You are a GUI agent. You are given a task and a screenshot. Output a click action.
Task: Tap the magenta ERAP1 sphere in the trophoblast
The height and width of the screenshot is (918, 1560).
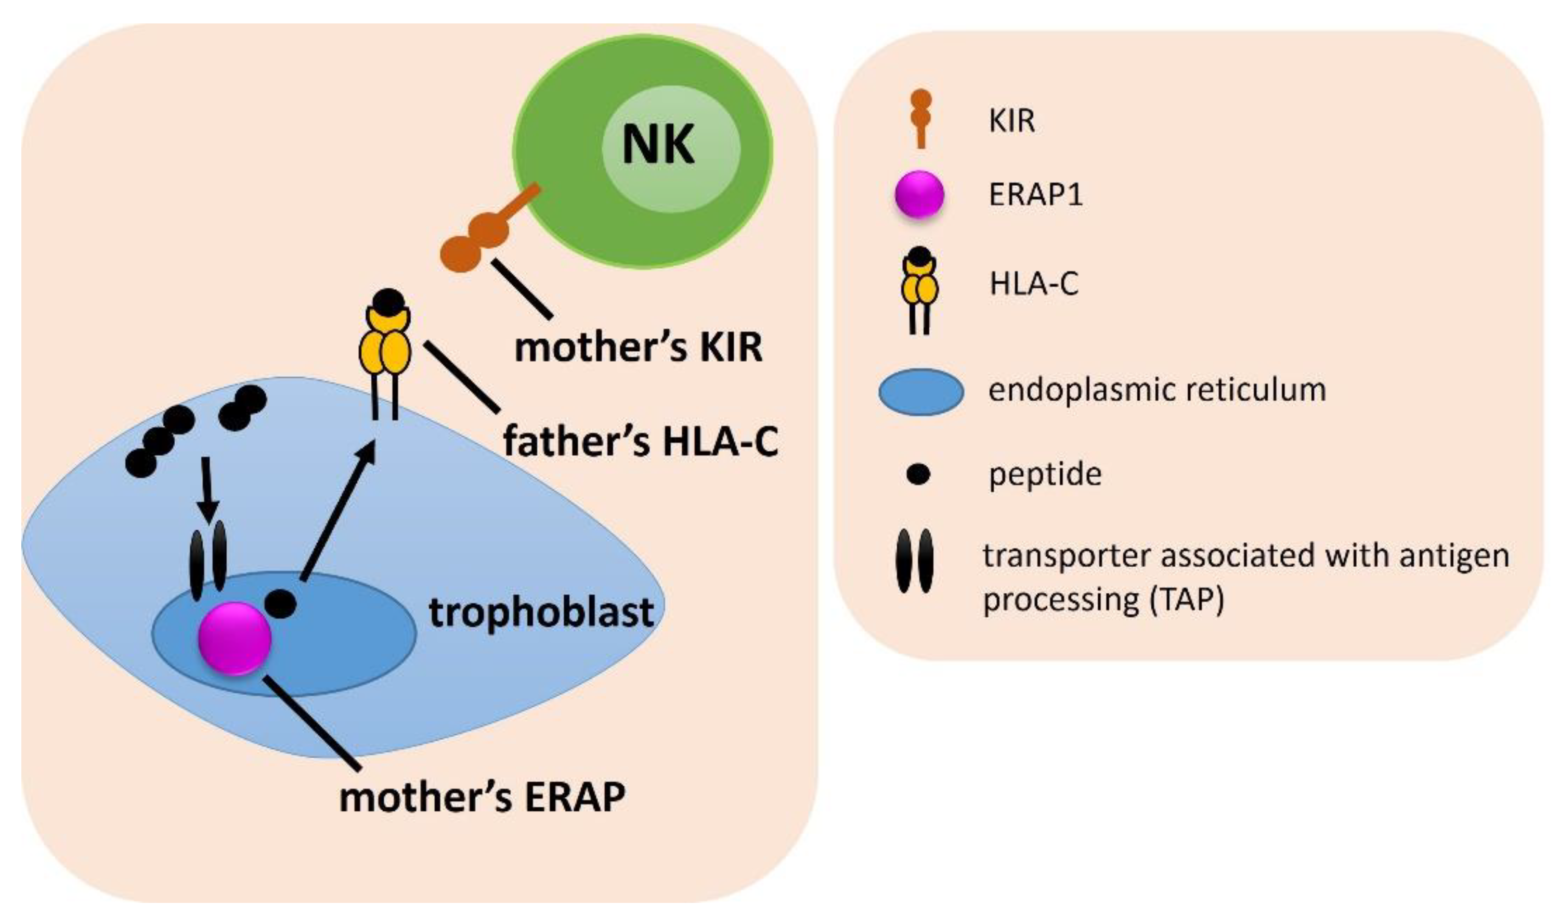click(x=235, y=637)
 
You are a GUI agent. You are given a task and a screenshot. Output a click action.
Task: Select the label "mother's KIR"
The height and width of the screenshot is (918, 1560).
click(x=638, y=348)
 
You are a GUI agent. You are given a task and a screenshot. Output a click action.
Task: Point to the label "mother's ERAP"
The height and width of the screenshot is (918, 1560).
click(x=482, y=797)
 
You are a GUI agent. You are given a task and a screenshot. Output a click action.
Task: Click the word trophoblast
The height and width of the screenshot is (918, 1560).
click(x=541, y=612)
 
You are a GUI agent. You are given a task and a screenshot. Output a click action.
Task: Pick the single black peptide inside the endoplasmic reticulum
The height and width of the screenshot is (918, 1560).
click(x=280, y=603)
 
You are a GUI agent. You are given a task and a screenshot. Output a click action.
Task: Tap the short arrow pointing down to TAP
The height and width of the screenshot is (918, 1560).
click(x=207, y=489)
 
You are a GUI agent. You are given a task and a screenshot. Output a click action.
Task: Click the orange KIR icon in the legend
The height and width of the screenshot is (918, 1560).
click(x=921, y=118)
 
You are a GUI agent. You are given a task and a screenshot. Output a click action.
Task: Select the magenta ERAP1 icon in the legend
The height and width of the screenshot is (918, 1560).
click(x=919, y=195)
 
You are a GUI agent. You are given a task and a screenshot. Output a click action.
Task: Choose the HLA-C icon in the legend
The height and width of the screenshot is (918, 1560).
click(x=920, y=288)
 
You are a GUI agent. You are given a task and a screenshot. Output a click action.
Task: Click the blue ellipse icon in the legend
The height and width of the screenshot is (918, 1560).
click(x=921, y=391)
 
